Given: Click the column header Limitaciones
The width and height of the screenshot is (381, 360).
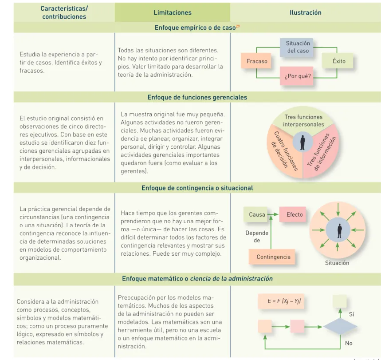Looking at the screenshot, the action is tap(172, 12).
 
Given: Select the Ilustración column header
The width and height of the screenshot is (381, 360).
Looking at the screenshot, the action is tap(306, 12).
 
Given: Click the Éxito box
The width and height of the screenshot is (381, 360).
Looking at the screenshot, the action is tap(338, 61).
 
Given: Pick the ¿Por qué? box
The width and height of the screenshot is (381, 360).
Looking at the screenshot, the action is tap(296, 76).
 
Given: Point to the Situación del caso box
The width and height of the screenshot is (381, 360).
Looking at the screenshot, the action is tap(296, 47).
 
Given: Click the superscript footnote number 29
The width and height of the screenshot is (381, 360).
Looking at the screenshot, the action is tap(238, 26).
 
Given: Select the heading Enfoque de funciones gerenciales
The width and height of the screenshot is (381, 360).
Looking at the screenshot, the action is tap(197, 97).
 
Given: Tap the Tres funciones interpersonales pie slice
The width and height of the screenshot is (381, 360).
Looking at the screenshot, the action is tap(303, 120).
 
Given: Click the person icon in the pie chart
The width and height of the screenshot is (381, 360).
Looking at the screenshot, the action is tap(302, 142).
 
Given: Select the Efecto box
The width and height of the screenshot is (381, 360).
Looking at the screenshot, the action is tap(293, 214).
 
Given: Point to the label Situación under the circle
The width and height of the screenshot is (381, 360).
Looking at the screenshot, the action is tap(337, 263).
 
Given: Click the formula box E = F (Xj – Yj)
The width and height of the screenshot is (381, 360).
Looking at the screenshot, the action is tap(281, 301).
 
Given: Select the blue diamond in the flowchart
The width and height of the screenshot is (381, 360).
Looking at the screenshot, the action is tap(340, 327).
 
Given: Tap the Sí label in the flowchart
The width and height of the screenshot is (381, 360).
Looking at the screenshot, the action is tap(351, 314).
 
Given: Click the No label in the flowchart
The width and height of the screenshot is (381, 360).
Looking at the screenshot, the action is tap(349, 343).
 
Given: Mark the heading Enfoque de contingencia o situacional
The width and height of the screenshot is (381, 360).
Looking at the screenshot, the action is tap(197, 188).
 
